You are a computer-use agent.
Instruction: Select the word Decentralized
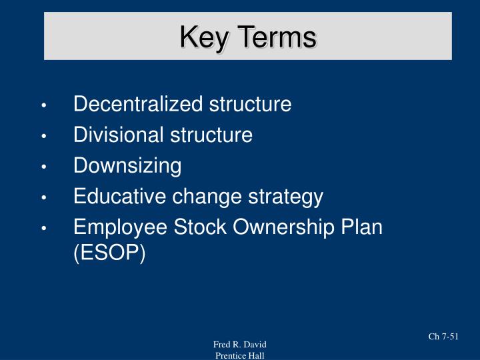(137, 105)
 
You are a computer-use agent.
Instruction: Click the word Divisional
(116, 135)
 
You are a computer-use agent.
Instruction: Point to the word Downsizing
(127, 166)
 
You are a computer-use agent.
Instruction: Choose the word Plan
(363, 227)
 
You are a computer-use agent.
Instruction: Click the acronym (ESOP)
(109, 254)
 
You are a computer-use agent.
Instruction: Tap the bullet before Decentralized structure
(43, 106)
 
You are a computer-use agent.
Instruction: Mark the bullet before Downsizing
(43, 167)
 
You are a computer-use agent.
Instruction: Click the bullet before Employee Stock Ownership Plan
(43, 229)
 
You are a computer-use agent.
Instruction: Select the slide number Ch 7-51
(443, 337)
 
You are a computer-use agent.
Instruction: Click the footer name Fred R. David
(240, 344)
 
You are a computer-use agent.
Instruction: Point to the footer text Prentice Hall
(240, 355)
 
